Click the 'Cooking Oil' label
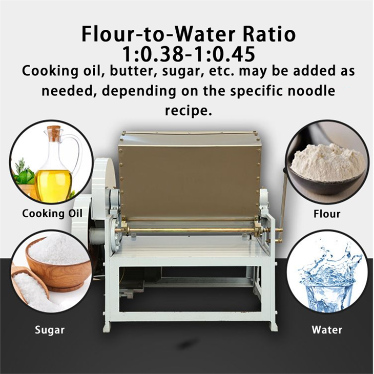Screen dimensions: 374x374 [52, 213]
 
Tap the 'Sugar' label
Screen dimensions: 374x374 [50, 329]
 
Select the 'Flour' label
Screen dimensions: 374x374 [326, 213]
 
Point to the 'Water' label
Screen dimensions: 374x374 [327, 329]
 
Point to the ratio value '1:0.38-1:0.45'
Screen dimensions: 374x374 [188, 53]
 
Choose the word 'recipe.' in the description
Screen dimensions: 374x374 [188, 110]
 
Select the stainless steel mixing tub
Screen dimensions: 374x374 [190, 174]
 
